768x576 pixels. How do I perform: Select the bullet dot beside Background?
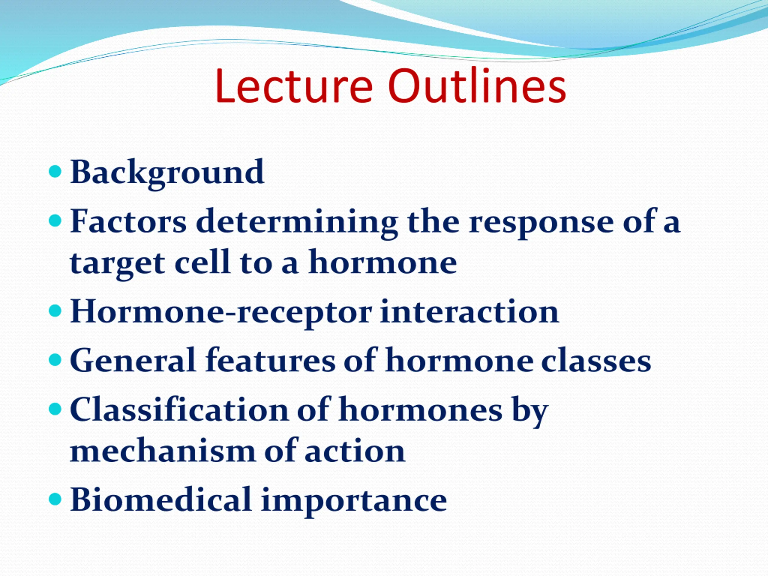click(x=55, y=171)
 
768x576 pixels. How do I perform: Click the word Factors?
click(x=128, y=221)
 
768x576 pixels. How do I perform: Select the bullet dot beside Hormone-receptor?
click(x=55, y=311)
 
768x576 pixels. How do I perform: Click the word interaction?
click(x=469, y=311)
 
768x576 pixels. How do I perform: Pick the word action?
click(x=355, y=451)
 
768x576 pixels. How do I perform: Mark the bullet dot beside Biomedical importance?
click(x=55, y=499)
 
